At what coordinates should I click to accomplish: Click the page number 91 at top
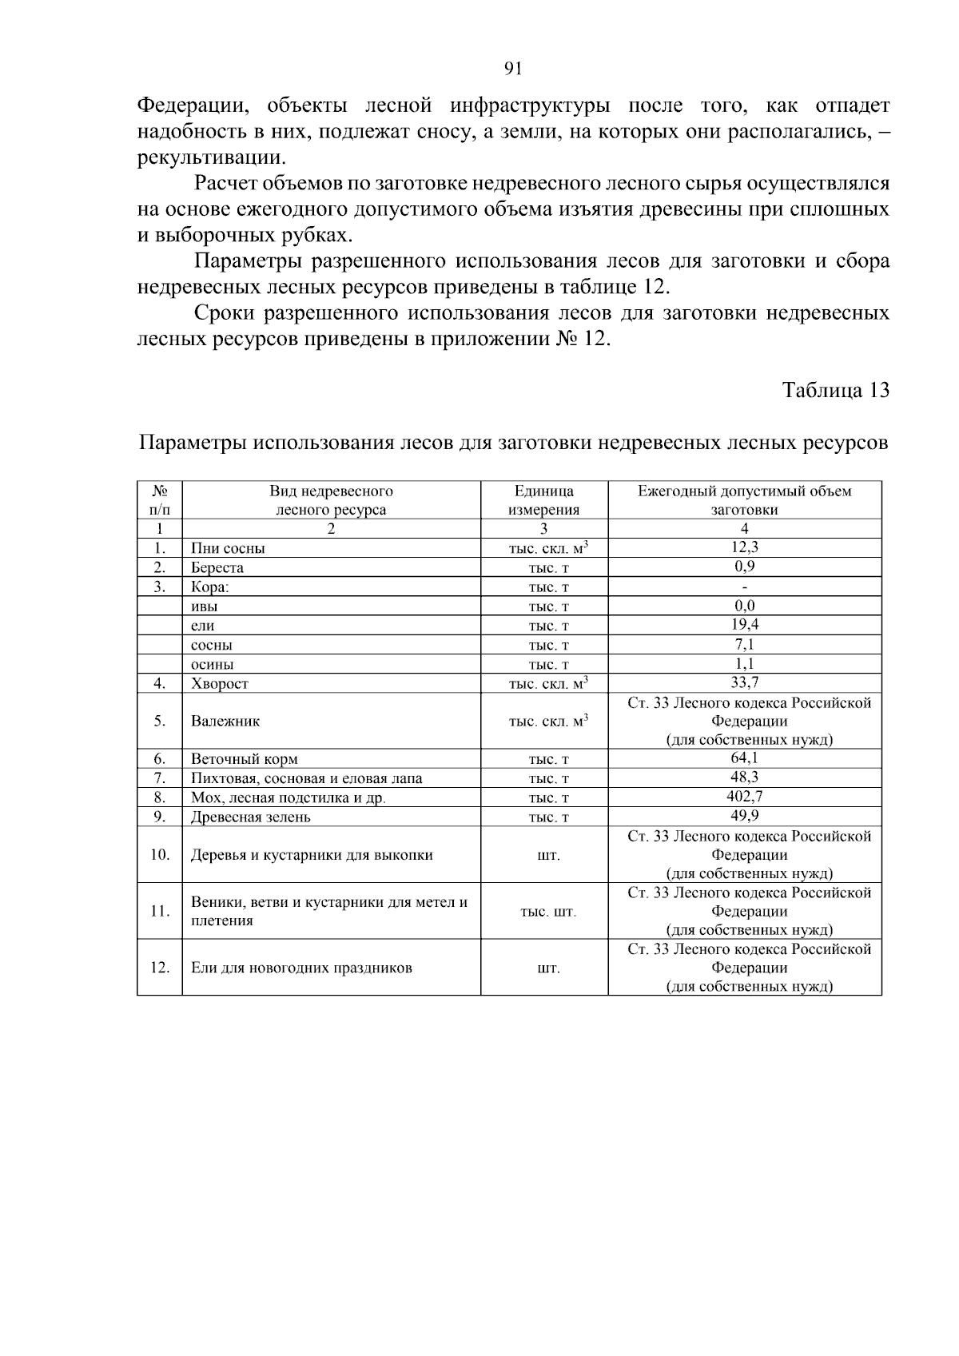(x=513, y=69)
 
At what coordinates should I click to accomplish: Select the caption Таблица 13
(x=835, y=390)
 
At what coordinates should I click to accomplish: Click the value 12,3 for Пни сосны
(x=744, y=547)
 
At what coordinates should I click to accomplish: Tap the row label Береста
(x=217, y=567)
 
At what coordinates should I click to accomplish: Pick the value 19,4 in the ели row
(x=744, y=625)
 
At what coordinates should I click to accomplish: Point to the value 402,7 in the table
(x=744, y=797)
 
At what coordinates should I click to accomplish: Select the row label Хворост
(x=220, y=683)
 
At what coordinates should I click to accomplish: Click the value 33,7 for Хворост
(x=744, y=682)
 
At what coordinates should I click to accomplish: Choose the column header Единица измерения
(x=543, y=500)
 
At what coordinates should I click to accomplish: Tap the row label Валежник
(x=225, y=721)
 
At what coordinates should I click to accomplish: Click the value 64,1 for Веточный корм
(x=744, y=758)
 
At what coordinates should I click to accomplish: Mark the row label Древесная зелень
(x=250, y=817)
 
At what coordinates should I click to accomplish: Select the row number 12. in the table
(x=160, y=968)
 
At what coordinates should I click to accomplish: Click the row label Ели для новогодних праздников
(x=301, y=968)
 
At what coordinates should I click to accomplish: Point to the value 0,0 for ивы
(x=744, y=606)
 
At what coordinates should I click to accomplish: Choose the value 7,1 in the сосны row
(x=744, y=644)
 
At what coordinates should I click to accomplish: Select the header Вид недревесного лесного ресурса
(x=331, y=500)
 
